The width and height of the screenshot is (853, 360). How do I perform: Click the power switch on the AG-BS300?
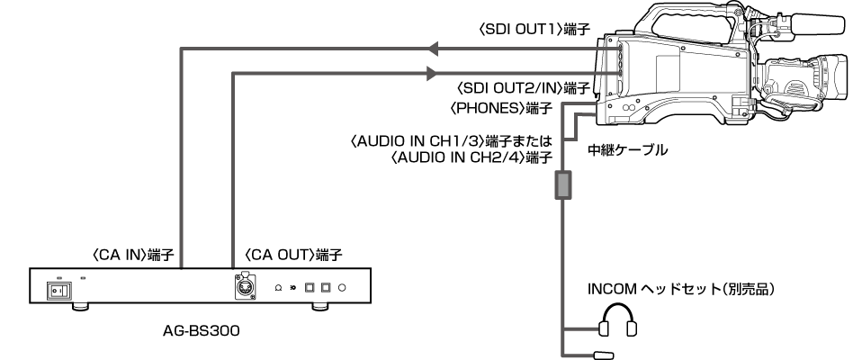pos(56,290)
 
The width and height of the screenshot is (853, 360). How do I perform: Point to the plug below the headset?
pos(602,355)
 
